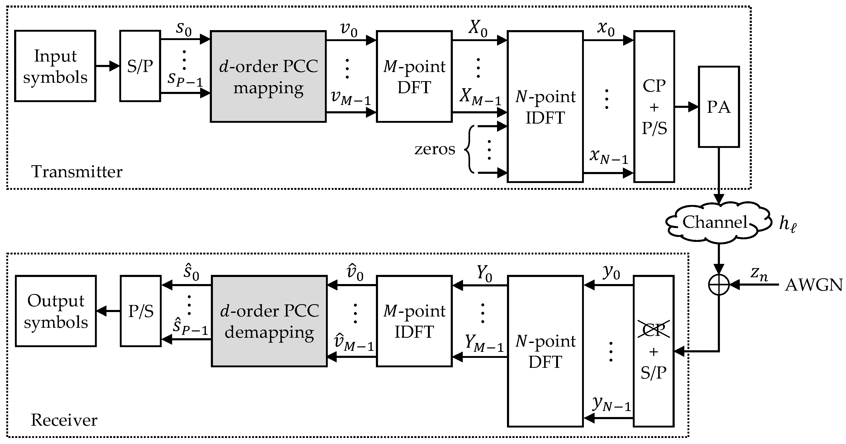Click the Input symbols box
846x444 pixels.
[x=55, y=66]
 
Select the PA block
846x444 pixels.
[x=719, y=107]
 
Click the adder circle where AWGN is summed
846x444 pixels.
[x=719, y=285]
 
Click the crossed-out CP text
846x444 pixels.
[x=653, y=330]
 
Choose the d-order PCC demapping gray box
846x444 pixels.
[x=269, y=321]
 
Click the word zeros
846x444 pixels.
[x=435, y=149]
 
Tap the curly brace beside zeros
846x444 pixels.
[x=469, y=149]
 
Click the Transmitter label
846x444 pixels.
[x=77, y=171]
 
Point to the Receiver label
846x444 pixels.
[x=64, y=420]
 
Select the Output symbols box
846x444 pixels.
[x=56, y=311]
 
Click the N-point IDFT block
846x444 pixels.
[x=545, y=107]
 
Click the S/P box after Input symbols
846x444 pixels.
[x=140, y=66]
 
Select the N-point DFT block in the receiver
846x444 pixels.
[x=545, y=351]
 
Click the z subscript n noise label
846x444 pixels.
[x=759, y=275]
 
